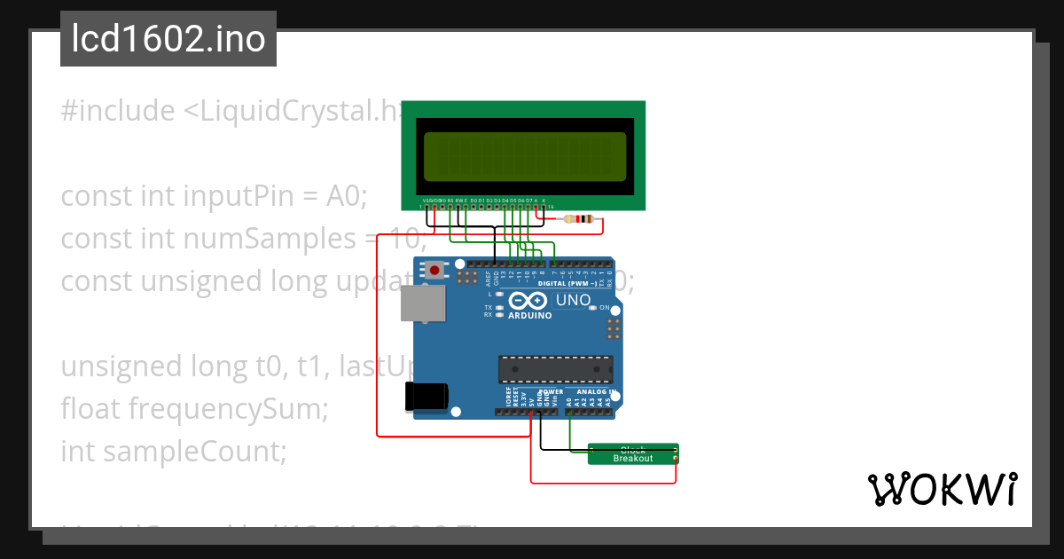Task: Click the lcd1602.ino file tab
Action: (168, 39)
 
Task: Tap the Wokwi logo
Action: (943, 489)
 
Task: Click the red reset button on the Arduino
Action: (434, 270)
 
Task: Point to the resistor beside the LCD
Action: (582, 219)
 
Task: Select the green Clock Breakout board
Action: (633, 453)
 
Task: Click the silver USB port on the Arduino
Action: (424, 303)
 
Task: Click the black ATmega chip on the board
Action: (555, 368)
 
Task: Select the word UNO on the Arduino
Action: (573, 300)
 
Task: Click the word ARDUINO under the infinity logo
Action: (531, 315)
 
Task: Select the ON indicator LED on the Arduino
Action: (605, 308)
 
